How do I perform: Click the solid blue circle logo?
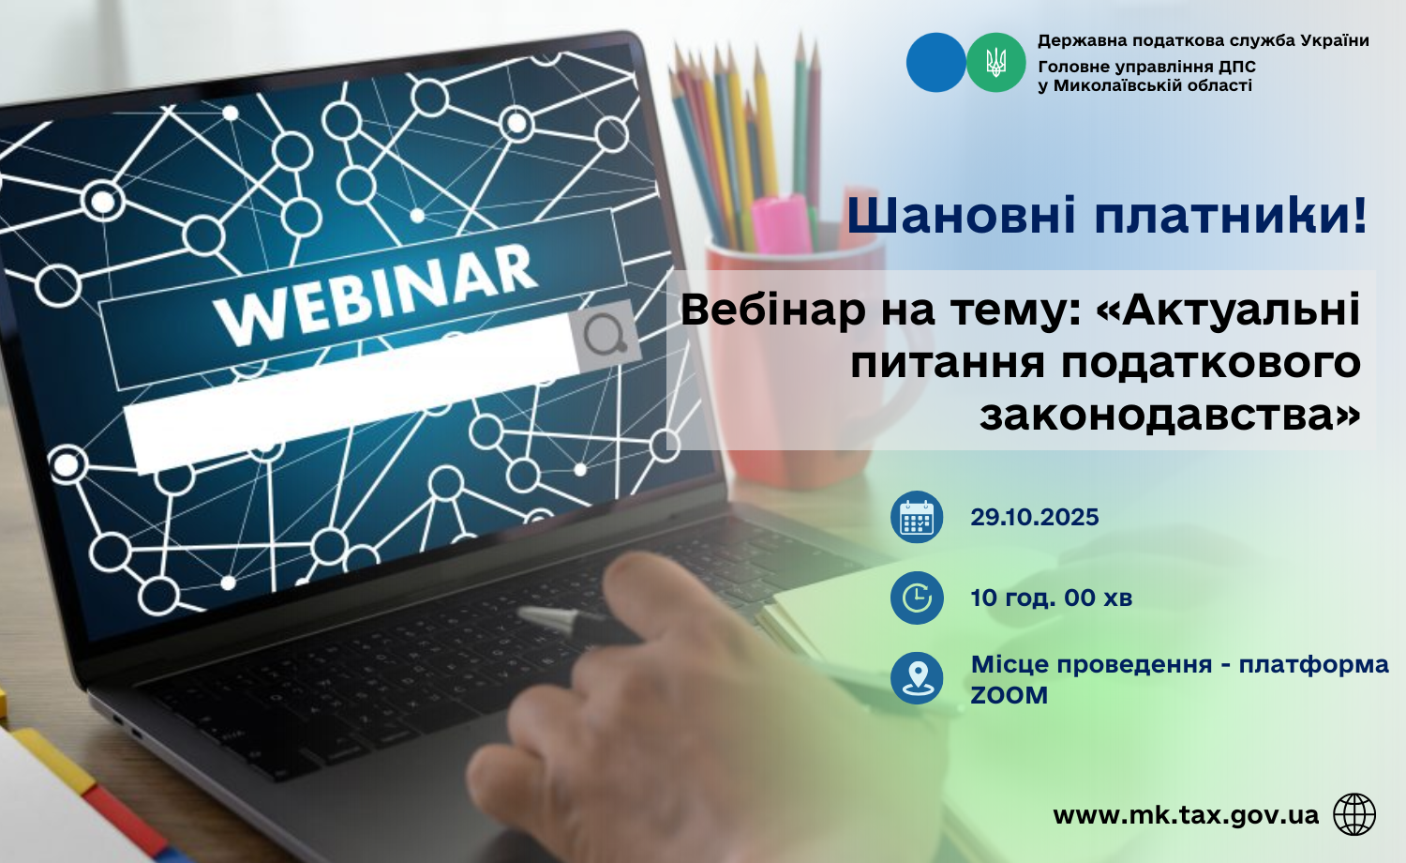coord(935,62)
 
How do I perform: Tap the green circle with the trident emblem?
coord(996,62)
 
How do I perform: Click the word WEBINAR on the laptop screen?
coord(375,294)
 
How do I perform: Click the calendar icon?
coord(917,517)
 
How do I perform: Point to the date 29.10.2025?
coord(1035,517)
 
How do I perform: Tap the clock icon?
coord(917,598)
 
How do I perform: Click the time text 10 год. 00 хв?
coord(1052,598)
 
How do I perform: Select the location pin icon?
coord(917,677)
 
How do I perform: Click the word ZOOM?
coord(1010,695)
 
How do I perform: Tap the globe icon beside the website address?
coord(1354,814)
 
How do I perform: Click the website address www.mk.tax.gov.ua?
coord(1186,815)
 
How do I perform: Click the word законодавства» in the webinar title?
coord(1170,415)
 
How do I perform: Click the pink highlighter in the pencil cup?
coord(783,223)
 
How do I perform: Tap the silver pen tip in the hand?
coord(540,617)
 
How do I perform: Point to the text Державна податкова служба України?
coord(1204,41)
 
